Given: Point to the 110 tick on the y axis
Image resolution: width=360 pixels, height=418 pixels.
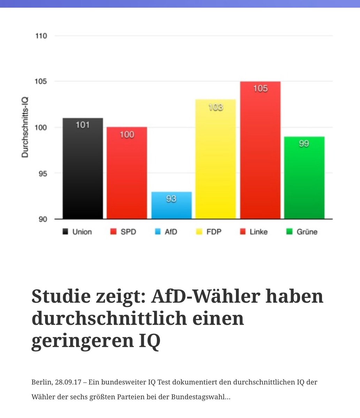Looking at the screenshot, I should click(x=41, y=36).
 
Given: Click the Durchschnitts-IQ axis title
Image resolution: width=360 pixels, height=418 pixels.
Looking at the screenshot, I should click(x=25, y=127).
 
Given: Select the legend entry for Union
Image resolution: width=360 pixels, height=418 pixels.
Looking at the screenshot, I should click(x=77, y=232).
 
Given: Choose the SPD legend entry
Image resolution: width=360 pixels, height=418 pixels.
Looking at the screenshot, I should click(x=123, y=232).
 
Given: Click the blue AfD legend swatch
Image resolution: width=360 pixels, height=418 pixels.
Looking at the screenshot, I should click(x=158, y=232).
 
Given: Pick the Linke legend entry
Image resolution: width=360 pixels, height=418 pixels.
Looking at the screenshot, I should click(x=254, y=232).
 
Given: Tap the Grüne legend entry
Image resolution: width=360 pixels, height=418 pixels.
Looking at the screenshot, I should click(x=302, y=232).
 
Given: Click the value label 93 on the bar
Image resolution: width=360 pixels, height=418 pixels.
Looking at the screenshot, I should click(x=171, y=199).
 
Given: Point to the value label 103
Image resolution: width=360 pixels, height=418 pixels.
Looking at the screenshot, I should click(x=215, y=107).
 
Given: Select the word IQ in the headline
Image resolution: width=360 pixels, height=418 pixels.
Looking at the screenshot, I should click(x=148, y=341).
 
